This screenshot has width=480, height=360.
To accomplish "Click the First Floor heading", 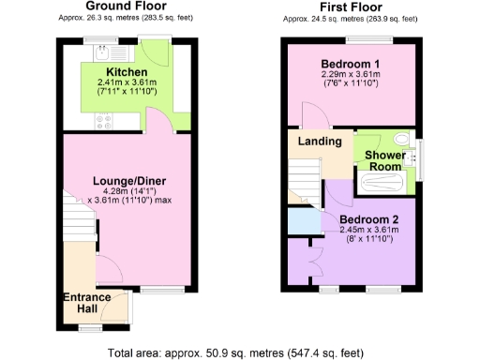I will (349, 7).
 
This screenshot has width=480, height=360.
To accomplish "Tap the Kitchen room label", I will (126, 72).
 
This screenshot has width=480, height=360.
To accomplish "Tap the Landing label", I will (319, 142).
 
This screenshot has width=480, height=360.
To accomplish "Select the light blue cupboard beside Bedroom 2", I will (302, 222).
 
